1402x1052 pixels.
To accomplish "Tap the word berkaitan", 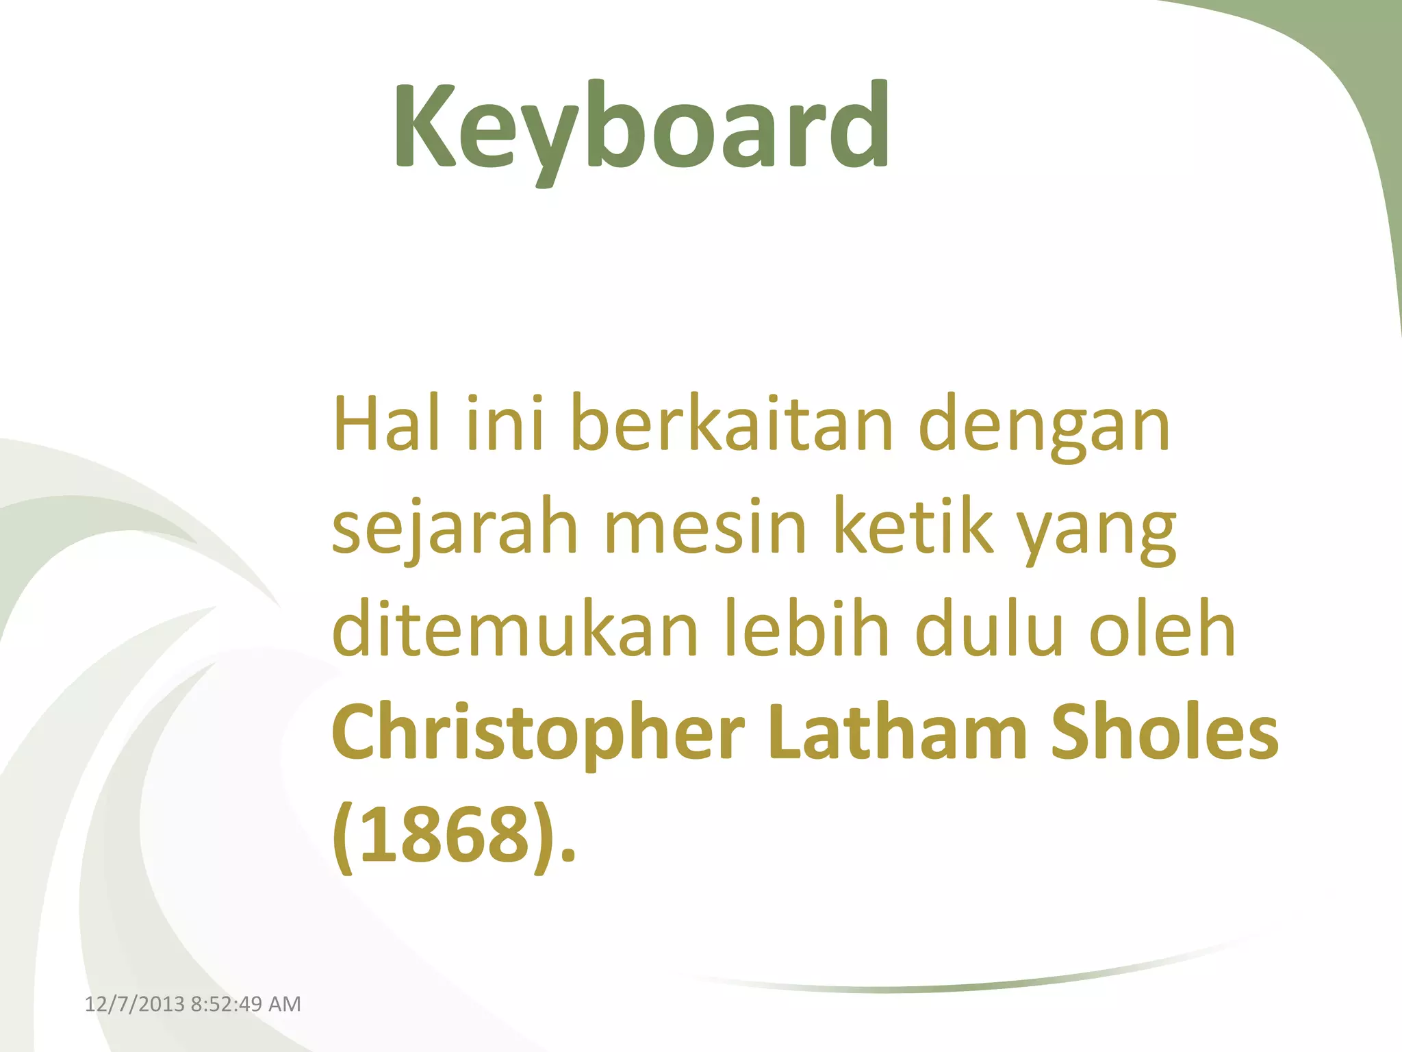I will tap(731, 425).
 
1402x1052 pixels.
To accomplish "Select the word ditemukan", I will tap(515, 629).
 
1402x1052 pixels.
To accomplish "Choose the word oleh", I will tap(1162, 629).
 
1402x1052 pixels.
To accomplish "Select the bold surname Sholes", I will tap(1164, 731).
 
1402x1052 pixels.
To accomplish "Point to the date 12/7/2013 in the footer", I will tap(135, 1004).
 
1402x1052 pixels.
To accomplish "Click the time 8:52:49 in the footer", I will tap(227, 1004).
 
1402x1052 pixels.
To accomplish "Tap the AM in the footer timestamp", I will tap(285, 1004).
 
